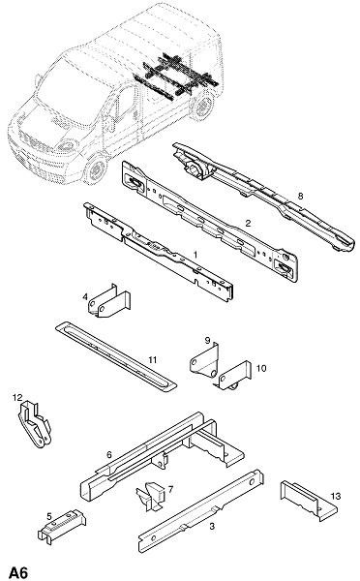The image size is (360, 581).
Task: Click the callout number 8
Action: click(x=300, y=196)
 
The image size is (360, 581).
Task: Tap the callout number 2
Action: click(x=248, y=223)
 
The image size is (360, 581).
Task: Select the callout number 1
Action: click(x=195, y=255)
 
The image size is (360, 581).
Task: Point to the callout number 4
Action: click(x=85, y=297)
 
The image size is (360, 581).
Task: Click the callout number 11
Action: click(x=153, y=359)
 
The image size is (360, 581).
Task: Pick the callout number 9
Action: click(x=207, y=340)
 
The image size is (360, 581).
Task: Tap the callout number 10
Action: click(x=261, y=368)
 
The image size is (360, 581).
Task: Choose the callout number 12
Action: click(x=17, y=398)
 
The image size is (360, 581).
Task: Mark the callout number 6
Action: click(x=109, y=454)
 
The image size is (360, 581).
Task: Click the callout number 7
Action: click(x=170, y=489)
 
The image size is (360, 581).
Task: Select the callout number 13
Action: click(x=336, y=496)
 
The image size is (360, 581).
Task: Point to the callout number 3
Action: click(x=212, y=526)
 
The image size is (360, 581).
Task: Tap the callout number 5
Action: click(x=49, y=516)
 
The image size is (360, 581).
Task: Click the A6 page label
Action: click(x=18, y=572)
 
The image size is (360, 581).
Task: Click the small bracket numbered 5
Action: click(x=61, y=527)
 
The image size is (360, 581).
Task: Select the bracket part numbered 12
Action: click(x=35, y=424)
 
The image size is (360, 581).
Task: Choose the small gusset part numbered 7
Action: click(x=151, y=497)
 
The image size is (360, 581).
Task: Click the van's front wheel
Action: click(x=96, y=170)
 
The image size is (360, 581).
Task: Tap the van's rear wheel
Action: click(x=202, y=107)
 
